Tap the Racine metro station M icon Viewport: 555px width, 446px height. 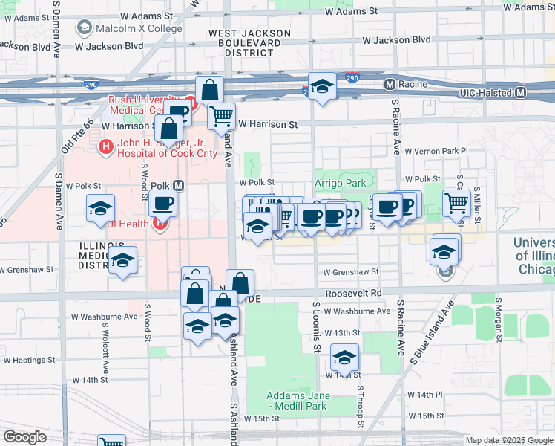pos(390,85)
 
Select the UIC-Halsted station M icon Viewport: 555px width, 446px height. pos(520,92)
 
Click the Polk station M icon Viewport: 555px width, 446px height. pos(178,185)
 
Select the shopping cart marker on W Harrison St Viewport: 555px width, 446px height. pos(220,115)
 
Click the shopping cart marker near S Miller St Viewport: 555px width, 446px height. pos(457,202)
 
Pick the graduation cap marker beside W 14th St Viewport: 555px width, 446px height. pos(344,358)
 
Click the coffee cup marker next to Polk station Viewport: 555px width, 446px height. pos(162,203)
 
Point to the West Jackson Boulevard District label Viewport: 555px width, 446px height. pos(249,43)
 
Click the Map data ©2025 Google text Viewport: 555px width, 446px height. pos(509,440)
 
